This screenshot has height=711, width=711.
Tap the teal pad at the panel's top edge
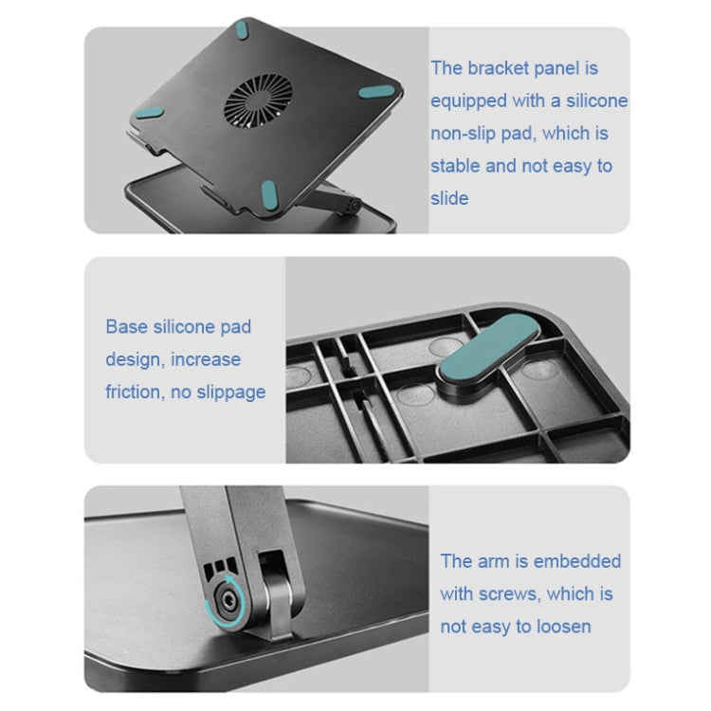click(x=246, y=27)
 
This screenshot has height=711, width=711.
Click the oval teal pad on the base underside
click(x=488, y=348)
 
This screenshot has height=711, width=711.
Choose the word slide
click(x=449, y=198)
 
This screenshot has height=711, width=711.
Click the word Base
click(x=127, y=327)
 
